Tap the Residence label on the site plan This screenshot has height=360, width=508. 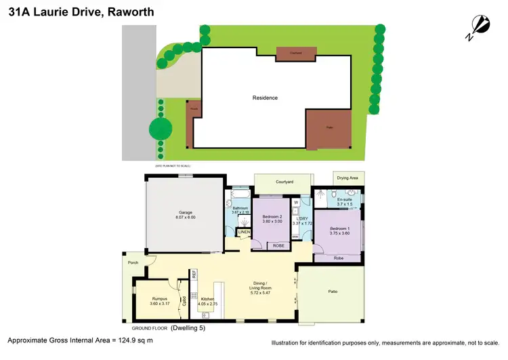click(265, 98)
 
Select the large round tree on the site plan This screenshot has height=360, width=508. click(161, 127)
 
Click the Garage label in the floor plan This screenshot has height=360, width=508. click(185, 214)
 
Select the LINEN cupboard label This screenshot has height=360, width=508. click(244, 233)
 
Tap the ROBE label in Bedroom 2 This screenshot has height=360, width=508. click(278, 245)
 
